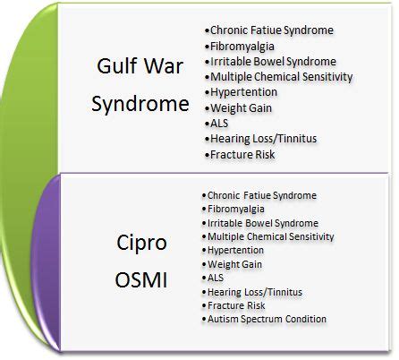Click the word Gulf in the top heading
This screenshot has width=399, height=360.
[x=118, y=65]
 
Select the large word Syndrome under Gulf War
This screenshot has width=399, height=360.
[x=140, y=105]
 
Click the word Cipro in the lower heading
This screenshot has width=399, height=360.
[x=141, y=244]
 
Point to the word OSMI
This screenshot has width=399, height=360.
[x=141, y=280]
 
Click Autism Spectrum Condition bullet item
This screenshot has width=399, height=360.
[x=267, y=319]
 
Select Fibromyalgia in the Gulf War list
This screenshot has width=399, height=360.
[x=242, y=47]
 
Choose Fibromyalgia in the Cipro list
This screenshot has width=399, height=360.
[x=236, y=209]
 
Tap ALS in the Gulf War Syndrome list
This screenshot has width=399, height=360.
[x=219, y=124]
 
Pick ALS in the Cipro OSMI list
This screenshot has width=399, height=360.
[x=216, y=278]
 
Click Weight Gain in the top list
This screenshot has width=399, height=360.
[x=241, y=108]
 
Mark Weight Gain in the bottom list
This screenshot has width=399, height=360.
[x=234, y=264]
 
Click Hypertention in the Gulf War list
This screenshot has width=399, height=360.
[x=243, y=92]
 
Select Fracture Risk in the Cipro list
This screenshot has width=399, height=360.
[x=236, y=305]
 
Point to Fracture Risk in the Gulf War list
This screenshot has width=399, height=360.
[x=242, y=155]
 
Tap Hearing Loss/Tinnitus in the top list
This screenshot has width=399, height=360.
[x=264, y=139]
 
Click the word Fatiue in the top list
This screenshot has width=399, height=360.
[x=266, y=30]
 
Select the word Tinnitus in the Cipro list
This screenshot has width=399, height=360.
[x=286, y=292]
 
